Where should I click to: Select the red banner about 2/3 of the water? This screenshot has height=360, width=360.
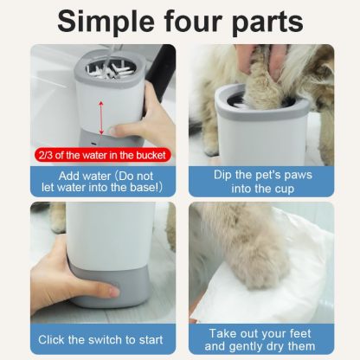pyautogui.click(x=103, y=155)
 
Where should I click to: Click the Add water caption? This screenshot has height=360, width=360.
pyautogui.click(x=102, y=179)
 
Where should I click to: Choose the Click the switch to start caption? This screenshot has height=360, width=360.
pyautogui.click(x=102, y=339)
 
